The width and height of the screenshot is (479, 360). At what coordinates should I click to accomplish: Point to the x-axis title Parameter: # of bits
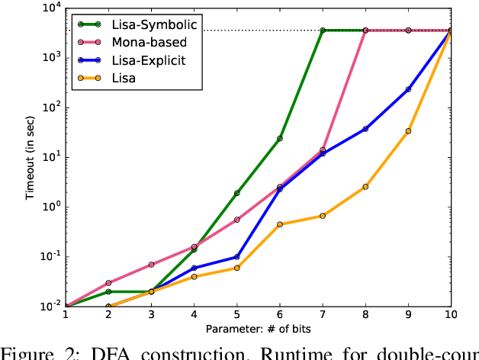258,329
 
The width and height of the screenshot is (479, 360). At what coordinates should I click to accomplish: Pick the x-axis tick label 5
236,317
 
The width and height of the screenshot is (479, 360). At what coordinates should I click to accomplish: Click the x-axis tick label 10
451,317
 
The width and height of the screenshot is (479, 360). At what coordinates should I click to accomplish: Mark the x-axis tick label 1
66,317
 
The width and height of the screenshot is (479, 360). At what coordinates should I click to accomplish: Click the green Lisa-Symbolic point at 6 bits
280,139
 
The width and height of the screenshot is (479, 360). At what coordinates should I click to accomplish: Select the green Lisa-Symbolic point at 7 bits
323,31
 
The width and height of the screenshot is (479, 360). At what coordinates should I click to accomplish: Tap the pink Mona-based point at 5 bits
237,220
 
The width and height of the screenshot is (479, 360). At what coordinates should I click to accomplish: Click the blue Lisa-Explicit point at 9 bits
408,89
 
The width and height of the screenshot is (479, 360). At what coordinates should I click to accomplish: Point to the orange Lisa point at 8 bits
365,187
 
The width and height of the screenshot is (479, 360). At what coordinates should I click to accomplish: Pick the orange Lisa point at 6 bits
280,224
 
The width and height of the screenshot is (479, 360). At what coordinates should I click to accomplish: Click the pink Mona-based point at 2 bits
108,283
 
